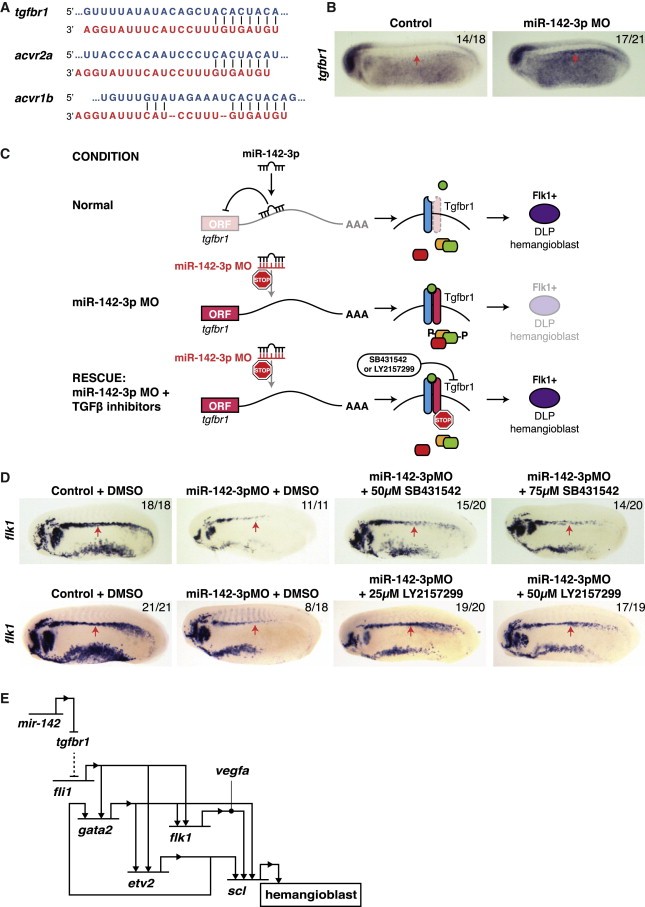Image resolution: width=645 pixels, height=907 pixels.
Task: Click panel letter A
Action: pos(8,9)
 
